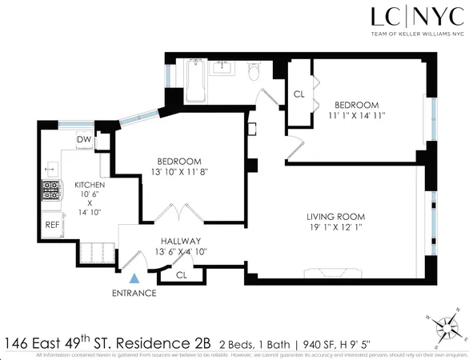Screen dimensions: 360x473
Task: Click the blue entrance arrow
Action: pyautogui.click(x=135, y=278)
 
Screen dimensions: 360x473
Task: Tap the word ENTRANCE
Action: pyautogui.click(x=134, y=293)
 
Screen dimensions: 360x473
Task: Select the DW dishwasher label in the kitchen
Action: pyautogui.click(x=83, y=140)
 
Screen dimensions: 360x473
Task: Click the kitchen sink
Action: pyautogui.click(x=50, y=169)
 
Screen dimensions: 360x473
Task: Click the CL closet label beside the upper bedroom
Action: pyautogui.click(x=299, y=94)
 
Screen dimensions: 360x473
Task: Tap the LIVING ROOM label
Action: pyautogui.click(x=336, y=216)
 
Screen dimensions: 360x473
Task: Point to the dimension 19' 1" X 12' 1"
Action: pyautogui.click(x=336, y=228)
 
